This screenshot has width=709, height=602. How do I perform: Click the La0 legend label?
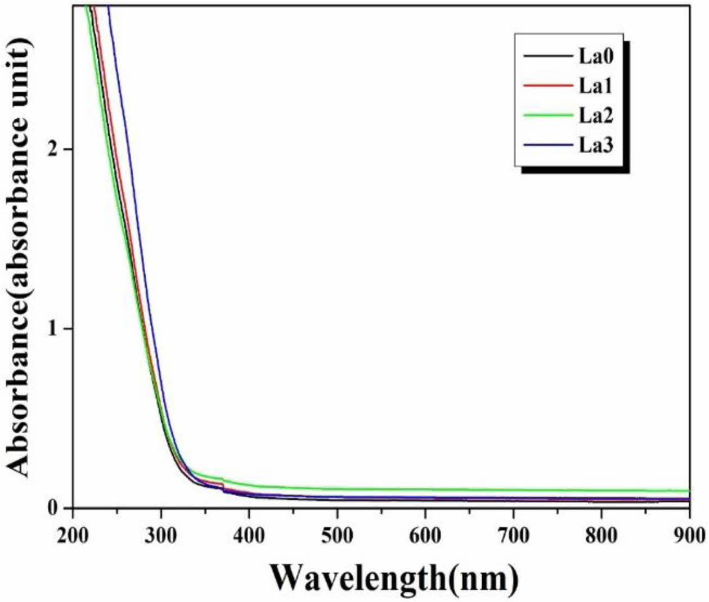click(x=596, y=56)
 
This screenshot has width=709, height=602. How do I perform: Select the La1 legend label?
click(x=596, y=86)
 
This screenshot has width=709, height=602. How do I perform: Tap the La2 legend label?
click(x=596, y=115)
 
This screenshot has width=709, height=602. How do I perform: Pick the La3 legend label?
click(x=596, y=145)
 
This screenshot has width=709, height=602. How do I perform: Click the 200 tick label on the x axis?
click(x=73, y=536)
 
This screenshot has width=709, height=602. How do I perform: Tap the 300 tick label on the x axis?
click(x=161, y=536)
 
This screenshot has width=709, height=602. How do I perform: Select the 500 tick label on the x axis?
click(x=337, y=536)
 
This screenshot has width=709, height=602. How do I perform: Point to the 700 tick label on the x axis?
click(x=513, y=536)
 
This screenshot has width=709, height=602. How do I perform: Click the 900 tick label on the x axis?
click(x=689, y=536)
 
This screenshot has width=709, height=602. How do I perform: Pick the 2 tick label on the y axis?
click(x=53, y=149)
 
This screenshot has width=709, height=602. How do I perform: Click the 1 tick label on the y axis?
click(x=53, y=329)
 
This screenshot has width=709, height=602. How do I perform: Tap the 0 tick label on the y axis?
click(x=53, y=507)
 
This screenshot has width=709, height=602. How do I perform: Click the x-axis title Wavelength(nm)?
click(x=393, y=578)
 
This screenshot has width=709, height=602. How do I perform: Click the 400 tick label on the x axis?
click(x=249, y=536)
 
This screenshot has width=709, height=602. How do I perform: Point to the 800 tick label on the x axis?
click(x=601, y=536)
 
